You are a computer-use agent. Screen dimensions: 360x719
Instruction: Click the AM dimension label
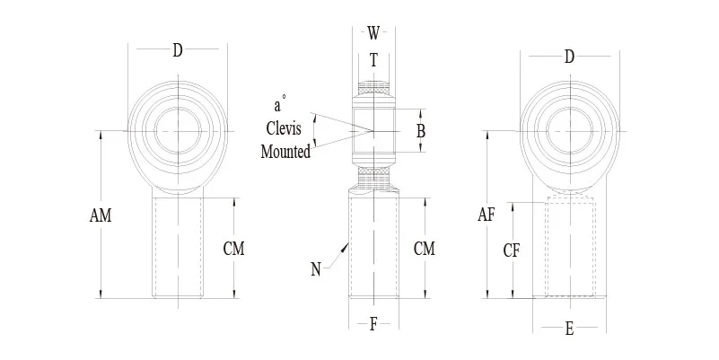pos(101,215)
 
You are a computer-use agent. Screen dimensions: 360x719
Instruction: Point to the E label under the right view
pos(569,329)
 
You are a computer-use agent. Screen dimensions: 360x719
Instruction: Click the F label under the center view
pos(373,325)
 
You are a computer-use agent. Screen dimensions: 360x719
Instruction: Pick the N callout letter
pos(316,268)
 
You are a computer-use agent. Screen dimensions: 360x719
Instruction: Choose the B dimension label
pos(420,131)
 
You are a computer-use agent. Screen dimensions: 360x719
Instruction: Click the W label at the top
pos(373,34)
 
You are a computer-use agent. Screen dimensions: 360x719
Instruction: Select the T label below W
pos(373,61)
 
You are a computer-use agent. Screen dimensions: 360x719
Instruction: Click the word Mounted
pos(285,152)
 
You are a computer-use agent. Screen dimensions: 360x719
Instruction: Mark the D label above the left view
pos(178,51)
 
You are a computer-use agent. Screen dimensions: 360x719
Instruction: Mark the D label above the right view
pos(569,57)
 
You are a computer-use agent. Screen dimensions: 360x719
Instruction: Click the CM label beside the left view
pos(233,248)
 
